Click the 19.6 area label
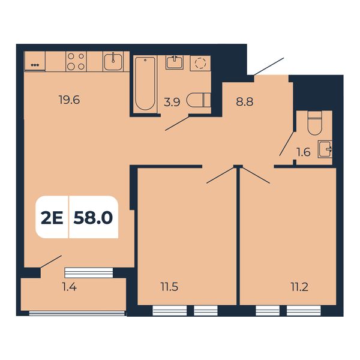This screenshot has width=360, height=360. coord(70,100)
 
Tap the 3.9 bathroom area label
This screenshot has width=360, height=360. coord(172,102)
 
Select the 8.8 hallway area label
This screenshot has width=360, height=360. coord(245,101)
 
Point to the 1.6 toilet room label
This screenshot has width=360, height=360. coord(304,152)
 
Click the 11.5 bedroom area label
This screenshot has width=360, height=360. coord(169,287)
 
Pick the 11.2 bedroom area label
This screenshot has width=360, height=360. coord(299,287)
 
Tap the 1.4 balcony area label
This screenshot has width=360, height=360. coord(70,287)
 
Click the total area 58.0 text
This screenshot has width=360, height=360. coord(93,218)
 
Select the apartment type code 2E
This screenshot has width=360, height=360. coord(52,218)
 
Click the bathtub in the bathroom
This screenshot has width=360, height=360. coord(145,83)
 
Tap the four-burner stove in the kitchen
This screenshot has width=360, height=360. coord(76,61)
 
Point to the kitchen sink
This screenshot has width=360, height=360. coord(113,61)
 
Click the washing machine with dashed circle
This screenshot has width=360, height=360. coord(200,63)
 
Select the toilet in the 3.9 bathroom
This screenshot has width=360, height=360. coord(199,100)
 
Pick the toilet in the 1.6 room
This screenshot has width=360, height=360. coord(314,123)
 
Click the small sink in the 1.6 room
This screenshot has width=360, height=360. coord(325,149)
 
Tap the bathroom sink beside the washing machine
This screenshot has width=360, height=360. coord(175,62)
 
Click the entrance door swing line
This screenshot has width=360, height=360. coord(269,67)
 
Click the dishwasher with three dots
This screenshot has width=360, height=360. coord(35,61)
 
